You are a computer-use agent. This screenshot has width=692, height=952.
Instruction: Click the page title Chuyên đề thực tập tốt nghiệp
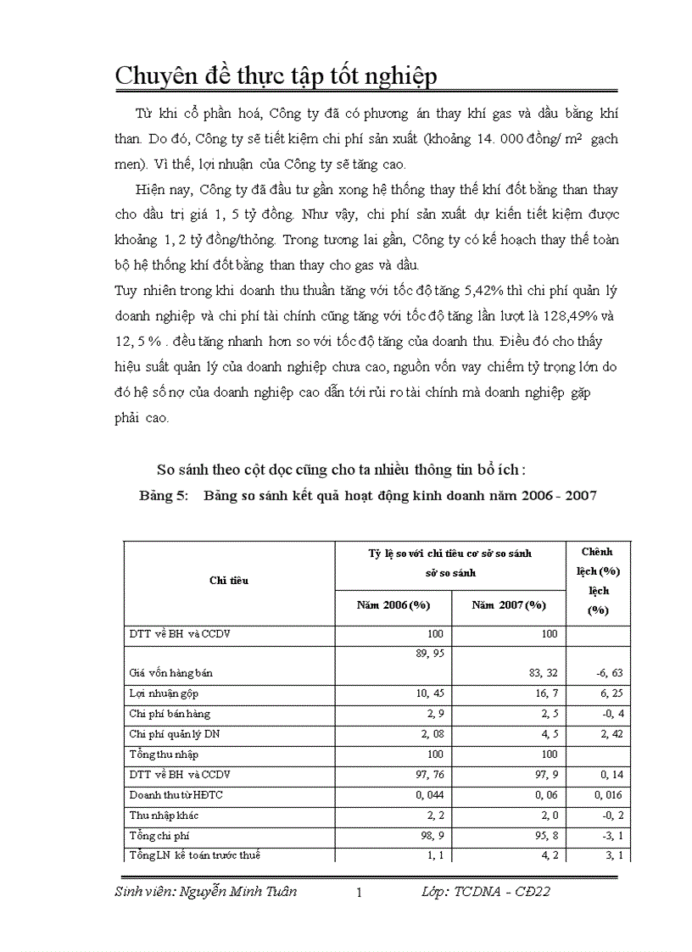pos(276,75)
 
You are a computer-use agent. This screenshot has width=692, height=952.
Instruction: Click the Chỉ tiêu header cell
pos(229,580)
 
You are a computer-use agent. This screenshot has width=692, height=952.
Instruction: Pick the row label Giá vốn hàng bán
pos(170,672)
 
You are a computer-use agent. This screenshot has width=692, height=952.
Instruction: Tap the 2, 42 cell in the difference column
pos(610,733)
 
